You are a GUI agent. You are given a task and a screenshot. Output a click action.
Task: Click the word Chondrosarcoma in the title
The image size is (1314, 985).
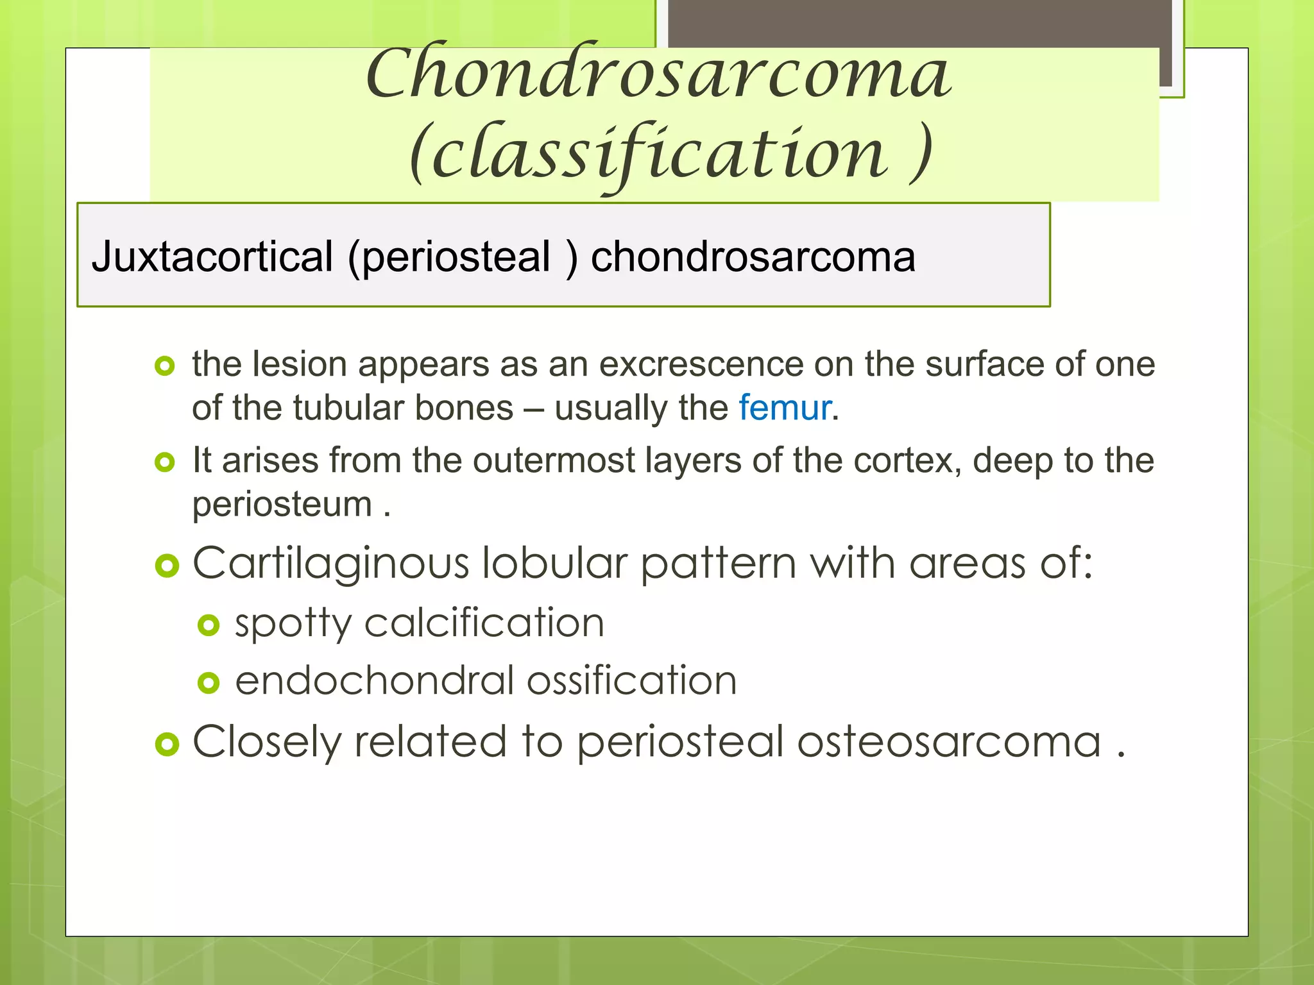(x=658, y=74)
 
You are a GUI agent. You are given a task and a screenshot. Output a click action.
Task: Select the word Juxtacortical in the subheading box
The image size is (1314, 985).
(x=212, y=257)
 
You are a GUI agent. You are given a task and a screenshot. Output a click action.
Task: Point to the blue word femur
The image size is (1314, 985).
(x=785, y=408)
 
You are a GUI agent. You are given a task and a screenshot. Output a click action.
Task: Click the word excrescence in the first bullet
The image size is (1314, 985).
(x=701, y=364)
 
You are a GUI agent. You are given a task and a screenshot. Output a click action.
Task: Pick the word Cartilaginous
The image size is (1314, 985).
(x=331, y=564)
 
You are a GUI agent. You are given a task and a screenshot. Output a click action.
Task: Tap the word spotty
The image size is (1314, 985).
(x=293, y=623)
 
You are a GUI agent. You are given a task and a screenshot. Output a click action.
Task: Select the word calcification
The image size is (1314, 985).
(x=484, y=623)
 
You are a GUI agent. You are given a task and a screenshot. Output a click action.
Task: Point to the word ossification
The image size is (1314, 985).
(x=631, y=681)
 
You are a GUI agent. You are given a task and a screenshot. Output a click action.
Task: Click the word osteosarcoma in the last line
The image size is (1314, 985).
(x=949, y=742)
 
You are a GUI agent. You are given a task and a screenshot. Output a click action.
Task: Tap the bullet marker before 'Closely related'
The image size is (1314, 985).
(x=167, y=744)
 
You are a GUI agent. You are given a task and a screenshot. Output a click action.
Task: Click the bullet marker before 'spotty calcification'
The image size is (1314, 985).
(x=209, y=625)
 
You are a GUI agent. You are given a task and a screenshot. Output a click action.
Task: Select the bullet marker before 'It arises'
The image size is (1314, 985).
(x=165, y=462)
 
